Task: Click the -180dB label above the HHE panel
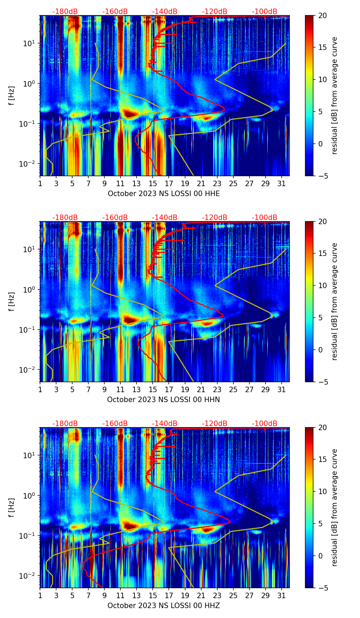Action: click(65, 12)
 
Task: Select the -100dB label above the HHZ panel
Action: click(265, 424)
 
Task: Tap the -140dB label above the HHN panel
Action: click(165, 218)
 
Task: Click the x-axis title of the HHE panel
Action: click(164, 194)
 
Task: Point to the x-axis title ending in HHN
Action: click(163, 400)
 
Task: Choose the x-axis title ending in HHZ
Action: click(163, 606)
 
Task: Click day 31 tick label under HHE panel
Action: click(281, 183)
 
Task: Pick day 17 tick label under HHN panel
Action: click(169, 389)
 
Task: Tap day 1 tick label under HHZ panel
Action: click(40, 595)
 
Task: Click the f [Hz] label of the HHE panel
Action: click(12, 96)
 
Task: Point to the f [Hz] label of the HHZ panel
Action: click(12, 508)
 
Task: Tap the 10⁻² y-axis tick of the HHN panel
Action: click(29, 370)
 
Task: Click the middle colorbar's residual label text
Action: click(334, 301)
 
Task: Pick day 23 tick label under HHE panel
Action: click(217, 183)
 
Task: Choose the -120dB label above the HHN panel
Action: click(215, 218)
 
